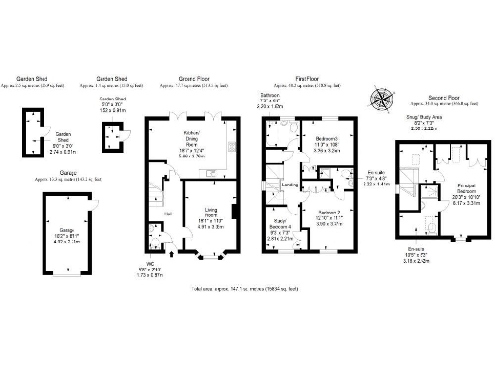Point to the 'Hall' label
pyautogui.click(x=167, y=214)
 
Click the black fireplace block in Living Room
pyautogui.click(x=235, y=211)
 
